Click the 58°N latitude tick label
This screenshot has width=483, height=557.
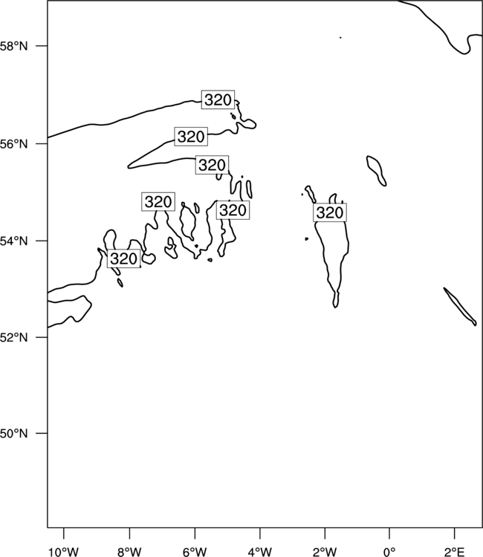[x=13, y=46]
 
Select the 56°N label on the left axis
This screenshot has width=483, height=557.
[x=13, y=144]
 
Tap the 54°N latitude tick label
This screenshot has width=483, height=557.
[x=13, y=241]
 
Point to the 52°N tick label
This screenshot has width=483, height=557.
[x=13, y=337]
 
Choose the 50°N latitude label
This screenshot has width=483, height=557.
[x=13, y=434]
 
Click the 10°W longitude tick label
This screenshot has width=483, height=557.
[x=64, y=552]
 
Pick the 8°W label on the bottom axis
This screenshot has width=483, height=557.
[x=129, y=552]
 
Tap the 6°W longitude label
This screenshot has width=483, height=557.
[x=195, y=552]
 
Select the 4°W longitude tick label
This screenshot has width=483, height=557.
[x=260, y=552]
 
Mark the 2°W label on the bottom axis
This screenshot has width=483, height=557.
[x=325, y=552]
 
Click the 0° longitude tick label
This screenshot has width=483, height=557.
[x=389, y=552]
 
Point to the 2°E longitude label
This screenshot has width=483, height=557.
[x=455, y=552]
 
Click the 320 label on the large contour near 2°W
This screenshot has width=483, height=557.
[x=330, y=212]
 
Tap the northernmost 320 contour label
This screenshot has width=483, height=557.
[x=218, y=100]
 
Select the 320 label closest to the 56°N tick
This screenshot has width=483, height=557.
[x=191, y=137]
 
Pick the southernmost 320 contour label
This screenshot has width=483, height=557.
[x=123, y=258]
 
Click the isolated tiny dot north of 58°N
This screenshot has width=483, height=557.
[x=340, y=37]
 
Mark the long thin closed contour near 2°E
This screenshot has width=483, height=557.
[x=460, y=307]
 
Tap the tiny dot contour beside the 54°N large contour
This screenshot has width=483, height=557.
[x=306, y=239]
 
